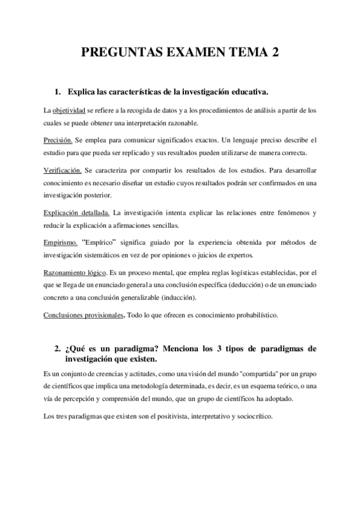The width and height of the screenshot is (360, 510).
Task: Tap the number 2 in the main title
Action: click(x=275, y=54)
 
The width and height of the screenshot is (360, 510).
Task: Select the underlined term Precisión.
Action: click(x=58, y=140)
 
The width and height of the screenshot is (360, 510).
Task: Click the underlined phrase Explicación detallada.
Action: click(x=77, y=213)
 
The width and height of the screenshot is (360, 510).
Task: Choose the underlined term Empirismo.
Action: click(x=61, y=242)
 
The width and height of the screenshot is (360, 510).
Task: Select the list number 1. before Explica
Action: click(x=58, y=92)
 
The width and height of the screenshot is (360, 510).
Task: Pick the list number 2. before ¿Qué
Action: click(x=58, y=349)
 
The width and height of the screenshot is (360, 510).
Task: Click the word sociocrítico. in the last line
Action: click(x=252, y=416)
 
